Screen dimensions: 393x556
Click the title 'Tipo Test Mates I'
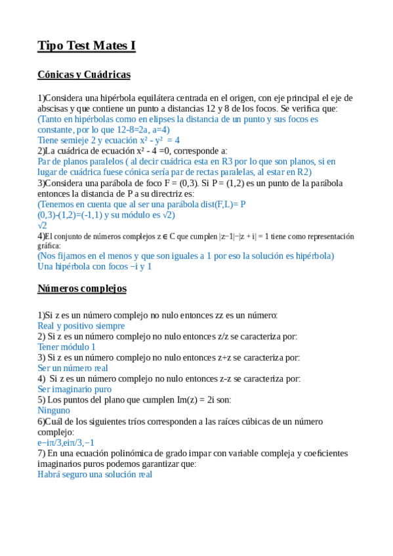[x=87, y=45]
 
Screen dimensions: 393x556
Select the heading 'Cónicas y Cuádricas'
[x=84, y=75]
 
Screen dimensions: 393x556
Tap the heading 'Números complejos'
[x=82, y=288]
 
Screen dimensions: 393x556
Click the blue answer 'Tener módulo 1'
[x=66, y=347]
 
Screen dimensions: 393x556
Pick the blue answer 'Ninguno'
[x=54, y=410]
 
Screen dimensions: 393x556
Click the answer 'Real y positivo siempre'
[x=81, y=326]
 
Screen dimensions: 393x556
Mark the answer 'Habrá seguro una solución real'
[x=94, y=474]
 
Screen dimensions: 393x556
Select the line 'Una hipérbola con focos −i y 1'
[x=94, y=267]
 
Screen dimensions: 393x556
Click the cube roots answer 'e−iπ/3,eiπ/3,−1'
[x=66, y=443]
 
